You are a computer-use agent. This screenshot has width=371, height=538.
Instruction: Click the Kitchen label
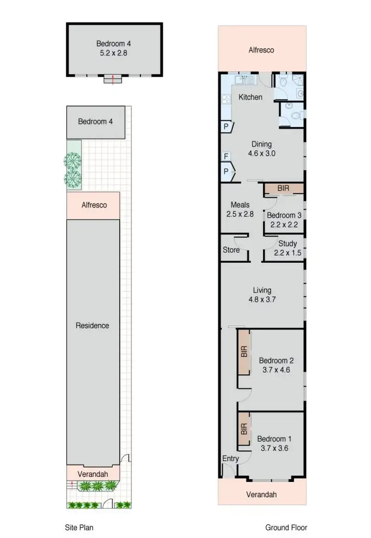coord(250,97)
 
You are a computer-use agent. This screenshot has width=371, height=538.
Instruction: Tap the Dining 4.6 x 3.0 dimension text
coord(261,153)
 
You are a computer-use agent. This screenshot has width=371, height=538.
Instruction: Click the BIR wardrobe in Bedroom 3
coord(283,188)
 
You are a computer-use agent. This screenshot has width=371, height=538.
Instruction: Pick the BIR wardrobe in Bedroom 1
coord(244,428)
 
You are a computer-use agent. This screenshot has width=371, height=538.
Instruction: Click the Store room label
coord(231,250)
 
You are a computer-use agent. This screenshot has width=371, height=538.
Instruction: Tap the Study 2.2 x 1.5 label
coord(287,248)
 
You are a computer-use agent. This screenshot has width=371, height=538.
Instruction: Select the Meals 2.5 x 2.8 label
coord(240,209)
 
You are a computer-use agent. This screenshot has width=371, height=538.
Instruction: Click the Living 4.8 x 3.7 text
coord(262,295)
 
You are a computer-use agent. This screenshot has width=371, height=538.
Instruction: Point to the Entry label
coord(231,458)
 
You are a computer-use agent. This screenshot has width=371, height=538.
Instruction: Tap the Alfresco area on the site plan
coord(93,204)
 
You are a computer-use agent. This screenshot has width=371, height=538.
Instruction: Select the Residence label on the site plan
coord(93,325)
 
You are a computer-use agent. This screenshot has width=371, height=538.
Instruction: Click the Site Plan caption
coord(80,527)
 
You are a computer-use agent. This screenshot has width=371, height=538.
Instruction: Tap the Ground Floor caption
coord(284,527)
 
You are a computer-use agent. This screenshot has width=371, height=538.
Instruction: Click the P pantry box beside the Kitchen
coord(226,127)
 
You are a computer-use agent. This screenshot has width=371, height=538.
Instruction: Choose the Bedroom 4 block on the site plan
coord(95,122)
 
